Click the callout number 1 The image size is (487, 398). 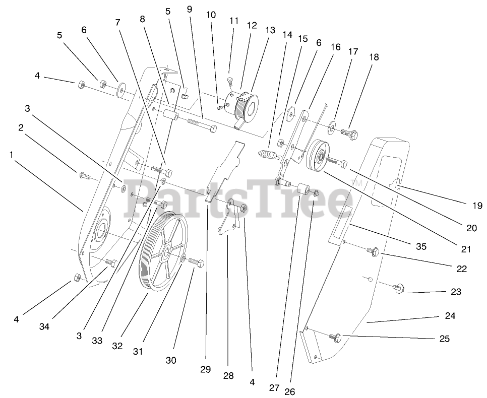(11, 155)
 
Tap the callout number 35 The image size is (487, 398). (421, 246)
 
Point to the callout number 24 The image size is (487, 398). (450, 316)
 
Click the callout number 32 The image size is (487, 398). (117, 346)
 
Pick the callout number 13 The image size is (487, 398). (270, 30)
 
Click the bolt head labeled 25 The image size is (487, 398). (336, 336)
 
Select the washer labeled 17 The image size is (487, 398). (334, 124)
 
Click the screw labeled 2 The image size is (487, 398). (84, 176)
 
